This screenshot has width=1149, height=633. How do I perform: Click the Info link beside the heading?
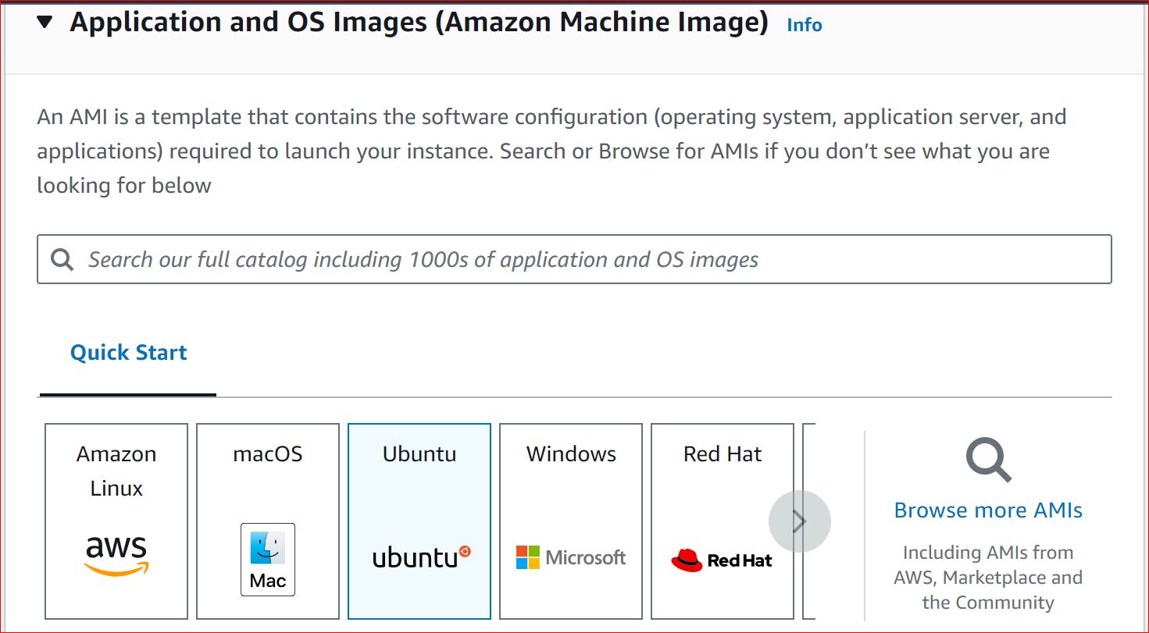point(804,25)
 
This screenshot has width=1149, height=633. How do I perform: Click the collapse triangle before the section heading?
point(45,23)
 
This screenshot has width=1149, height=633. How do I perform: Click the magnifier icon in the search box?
point(62,259)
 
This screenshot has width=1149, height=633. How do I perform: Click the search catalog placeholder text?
point(423,259)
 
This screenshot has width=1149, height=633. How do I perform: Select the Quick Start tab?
point(128,352)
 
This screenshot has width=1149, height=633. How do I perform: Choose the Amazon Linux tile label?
point(116,471)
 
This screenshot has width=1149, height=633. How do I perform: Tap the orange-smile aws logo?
point(116,555)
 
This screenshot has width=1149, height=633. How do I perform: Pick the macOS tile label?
point(268,453)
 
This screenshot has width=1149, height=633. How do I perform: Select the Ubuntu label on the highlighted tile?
point(419,453)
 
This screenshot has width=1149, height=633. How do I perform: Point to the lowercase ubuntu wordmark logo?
point(419,557)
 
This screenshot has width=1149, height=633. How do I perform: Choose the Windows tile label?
point(571,453)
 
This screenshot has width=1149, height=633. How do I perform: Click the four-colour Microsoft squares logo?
point(528,557)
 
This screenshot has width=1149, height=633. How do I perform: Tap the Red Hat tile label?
point(723,453)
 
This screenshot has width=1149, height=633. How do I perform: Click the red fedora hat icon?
point(687,560)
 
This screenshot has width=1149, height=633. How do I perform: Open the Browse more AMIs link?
point(988,510)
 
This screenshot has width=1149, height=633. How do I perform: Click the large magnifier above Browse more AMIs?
point(988,460)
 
